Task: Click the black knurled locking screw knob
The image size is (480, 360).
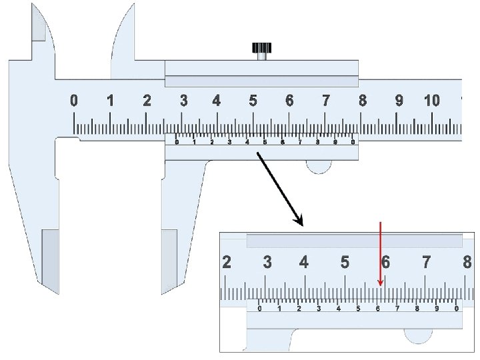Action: pyautogui.click(x=262, y=48)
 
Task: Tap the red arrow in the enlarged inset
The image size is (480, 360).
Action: pyautogui.click(x=380, y=254)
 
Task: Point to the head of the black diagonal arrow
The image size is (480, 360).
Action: pyautogui.click(x=299, y=221)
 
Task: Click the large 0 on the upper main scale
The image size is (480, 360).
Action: pyautogui.click(x=74, y=101)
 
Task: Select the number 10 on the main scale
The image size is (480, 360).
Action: pyautogui.click(x=431, y=101)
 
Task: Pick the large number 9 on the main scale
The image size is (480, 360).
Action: pyautogui.click(x=399, y=101)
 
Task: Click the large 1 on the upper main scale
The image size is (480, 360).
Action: pyautogui.click(x=111, y=101)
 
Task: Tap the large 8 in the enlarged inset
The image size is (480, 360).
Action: pyautogui.click(x=467, y=263)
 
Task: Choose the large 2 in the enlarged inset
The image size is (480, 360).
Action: pyautogui.click(x=227, y=263)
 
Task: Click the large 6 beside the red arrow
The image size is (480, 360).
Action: pyautogui.click(x=385, y=263)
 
